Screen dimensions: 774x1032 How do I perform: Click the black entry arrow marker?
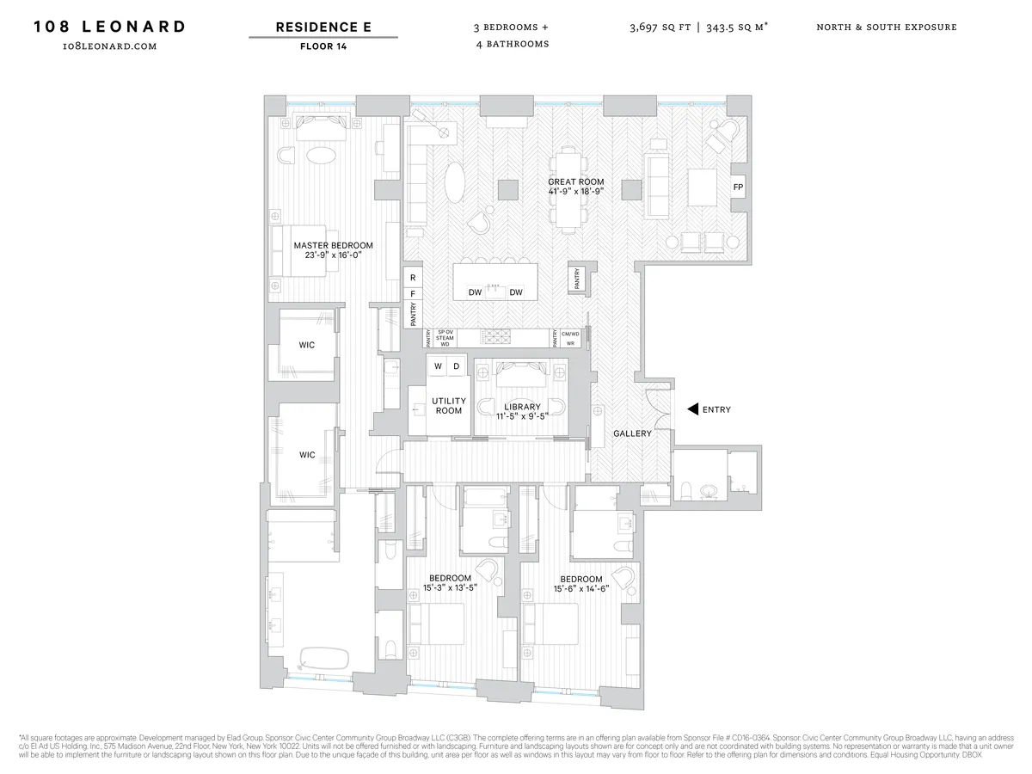pyautogui.click(x=692, y=409)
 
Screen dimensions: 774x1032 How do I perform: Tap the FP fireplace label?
pyautogui.click(x=738, y=187)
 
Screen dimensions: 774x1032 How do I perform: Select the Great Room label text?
pyautogui.click(x=575, y=187)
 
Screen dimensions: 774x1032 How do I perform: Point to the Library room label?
pyautogui.click(x=522, y=412)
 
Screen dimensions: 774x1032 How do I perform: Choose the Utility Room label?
pyautogui.click(x=448, y=406)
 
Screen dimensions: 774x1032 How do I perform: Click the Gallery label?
pyautogui.click(x=631, y=433)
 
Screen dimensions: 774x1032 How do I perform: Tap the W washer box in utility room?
pyautogui.click(x=438, y=366)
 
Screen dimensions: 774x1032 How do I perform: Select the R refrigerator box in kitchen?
pyautogui.click(x=413, y=277)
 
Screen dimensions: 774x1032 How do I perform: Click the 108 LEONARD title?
pyautogui.click(x=109, y=26)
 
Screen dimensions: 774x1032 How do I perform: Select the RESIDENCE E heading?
pyautogui.click(x=323, y=27)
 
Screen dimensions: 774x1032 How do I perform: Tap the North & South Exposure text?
pyautogui.click(x=886, y=27)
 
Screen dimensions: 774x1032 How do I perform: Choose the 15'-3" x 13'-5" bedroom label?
pyautogui.click(x=450, y=583)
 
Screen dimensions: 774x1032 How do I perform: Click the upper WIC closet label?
pyautogui.click(x=306, y=345)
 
